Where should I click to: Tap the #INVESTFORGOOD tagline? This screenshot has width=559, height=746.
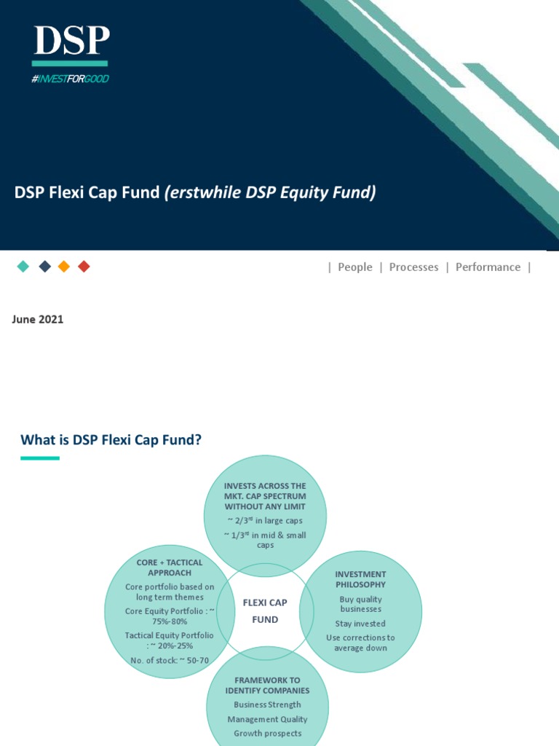point(70,79)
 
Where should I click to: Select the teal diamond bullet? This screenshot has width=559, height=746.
point(23,267)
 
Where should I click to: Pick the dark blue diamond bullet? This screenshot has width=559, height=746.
point(44,267)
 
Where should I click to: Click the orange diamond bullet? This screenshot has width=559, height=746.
point(64,267)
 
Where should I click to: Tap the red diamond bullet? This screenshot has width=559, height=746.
point(84,267)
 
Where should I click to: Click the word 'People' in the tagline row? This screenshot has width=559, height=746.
point(354,267)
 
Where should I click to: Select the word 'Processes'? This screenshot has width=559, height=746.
point(413,267)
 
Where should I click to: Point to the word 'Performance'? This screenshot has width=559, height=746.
point(488,267)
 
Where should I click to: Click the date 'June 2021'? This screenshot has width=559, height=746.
point(38,319)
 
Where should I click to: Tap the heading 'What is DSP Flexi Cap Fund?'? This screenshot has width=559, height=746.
point(111,439)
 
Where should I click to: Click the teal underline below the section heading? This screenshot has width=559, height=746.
point(39,458)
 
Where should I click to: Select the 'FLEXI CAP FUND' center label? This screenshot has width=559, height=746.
point(265,611)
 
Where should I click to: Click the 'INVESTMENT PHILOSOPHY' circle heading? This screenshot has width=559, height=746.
point(360,579)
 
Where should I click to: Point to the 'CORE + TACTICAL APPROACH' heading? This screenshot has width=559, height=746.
point(170,568)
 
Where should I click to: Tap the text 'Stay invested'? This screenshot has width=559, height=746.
point(360,624)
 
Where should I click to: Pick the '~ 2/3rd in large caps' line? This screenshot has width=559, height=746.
point(265,520)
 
